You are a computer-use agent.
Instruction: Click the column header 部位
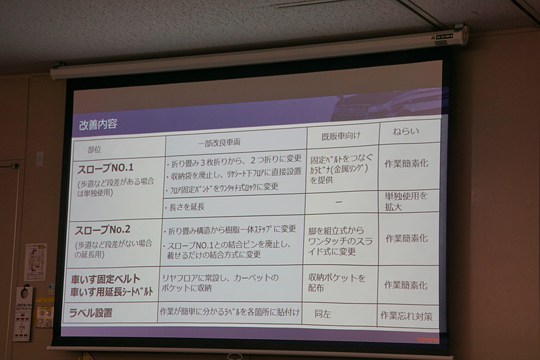pos(98,148)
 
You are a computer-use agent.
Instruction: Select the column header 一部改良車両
pos(219,144)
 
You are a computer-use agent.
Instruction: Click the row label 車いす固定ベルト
pos(105,278)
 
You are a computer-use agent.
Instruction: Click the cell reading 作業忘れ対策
pos(406,315)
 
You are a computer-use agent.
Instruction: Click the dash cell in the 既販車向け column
pos(338,202)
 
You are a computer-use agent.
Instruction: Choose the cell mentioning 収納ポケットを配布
pos(337,282)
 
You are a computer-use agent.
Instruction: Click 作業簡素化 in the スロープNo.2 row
pos(406,238)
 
